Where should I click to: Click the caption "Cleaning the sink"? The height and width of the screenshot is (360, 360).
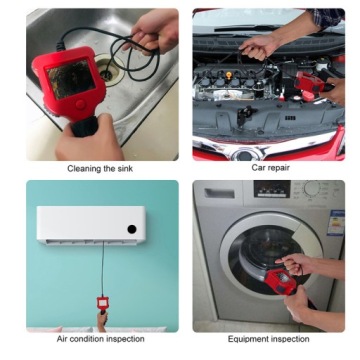100,168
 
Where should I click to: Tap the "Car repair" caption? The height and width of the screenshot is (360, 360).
270,167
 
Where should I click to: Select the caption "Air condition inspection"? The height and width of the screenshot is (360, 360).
101,339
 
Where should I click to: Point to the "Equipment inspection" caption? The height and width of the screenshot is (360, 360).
268,339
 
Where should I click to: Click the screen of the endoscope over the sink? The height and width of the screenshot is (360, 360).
71,79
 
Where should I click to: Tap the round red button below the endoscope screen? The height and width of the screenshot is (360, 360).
80,104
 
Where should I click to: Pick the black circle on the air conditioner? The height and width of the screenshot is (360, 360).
132,229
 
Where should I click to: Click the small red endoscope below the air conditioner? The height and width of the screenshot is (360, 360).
102,303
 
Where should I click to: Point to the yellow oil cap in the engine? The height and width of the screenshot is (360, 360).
229,75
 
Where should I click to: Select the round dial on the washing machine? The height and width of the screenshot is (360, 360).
312,189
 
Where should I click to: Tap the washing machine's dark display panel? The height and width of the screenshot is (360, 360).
272,189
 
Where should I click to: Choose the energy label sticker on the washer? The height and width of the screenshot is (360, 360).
336,223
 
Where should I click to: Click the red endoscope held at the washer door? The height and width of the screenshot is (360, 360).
281,282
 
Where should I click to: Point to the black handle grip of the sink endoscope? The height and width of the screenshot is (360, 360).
85,126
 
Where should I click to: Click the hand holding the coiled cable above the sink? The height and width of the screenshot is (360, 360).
152,32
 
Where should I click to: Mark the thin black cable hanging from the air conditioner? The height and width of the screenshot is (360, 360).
103,269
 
